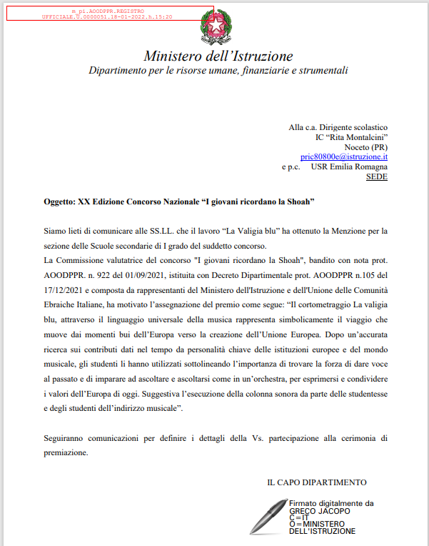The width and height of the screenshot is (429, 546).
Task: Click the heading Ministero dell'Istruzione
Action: pyautogui.click(x=218, y=56)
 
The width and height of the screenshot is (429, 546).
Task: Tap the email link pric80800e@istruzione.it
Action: pyautogui.click(x=343, y=156)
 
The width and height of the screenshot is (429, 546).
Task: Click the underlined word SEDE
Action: pyautogui.click(x=376, y=176)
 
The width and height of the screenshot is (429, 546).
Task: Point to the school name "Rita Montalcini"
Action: pyautogui.click(x=360, y=136)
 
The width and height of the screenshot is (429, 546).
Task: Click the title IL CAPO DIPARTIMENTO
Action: pyautogui.click(x=317, y=482)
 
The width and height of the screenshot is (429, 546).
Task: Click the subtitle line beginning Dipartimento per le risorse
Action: pyautogui.click(x=218, y=71)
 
